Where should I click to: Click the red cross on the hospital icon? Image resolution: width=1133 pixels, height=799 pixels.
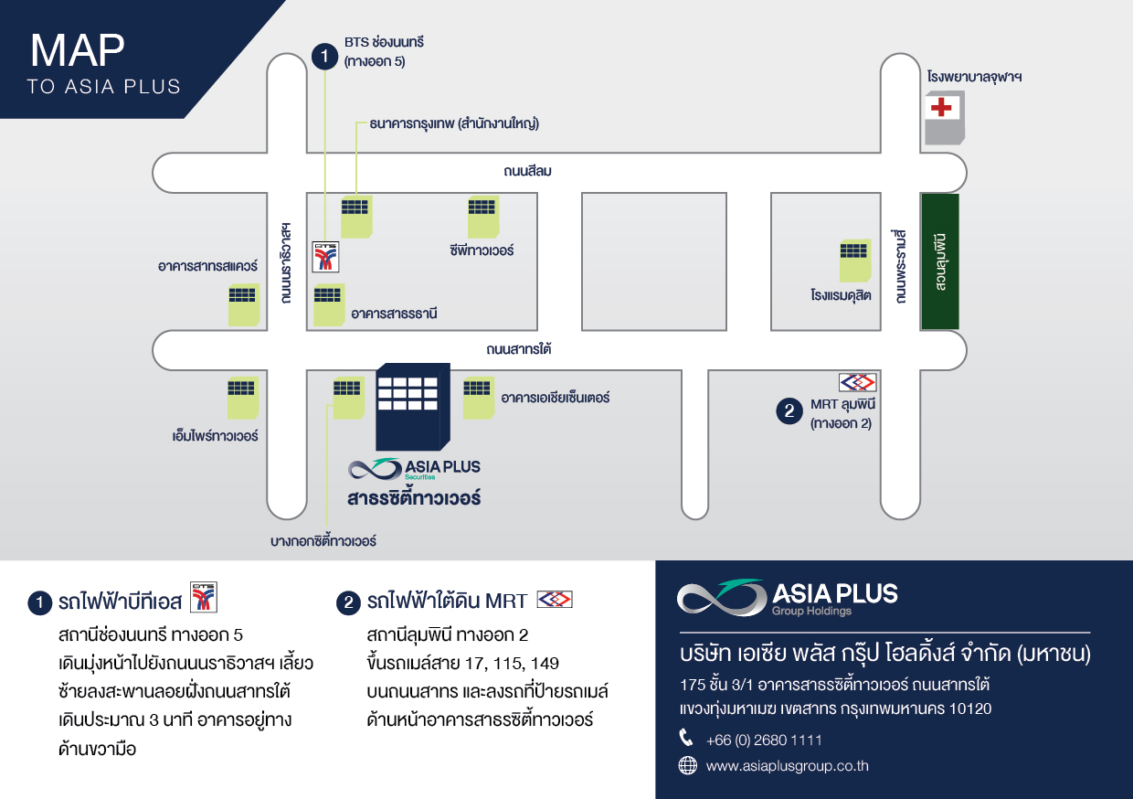tap(941, 107)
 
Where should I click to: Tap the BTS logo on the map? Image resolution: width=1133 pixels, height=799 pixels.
tap(325, 257)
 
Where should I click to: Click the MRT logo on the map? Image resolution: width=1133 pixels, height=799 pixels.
tap(857, 382)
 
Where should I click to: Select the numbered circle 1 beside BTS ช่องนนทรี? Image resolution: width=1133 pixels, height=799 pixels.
tap(324, 56)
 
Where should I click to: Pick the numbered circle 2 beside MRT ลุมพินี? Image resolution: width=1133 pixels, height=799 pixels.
tap(789, 410)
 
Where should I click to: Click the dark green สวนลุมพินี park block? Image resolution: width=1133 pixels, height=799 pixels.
tap(940, 261)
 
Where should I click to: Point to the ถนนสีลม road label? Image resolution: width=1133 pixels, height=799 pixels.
tap(527, 171)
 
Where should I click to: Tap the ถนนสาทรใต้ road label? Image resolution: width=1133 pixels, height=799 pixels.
tap(518, 349)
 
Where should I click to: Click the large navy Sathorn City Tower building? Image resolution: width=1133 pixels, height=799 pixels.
tap(413, 407)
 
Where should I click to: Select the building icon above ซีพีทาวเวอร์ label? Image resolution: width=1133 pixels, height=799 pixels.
tap(483, 217)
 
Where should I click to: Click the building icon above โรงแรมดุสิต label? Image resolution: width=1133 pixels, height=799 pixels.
tap(855, 261)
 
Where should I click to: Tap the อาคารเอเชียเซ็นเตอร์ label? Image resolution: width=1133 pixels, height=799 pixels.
tap(556, 398)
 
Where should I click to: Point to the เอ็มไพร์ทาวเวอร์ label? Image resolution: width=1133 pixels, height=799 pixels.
tap(215, 436)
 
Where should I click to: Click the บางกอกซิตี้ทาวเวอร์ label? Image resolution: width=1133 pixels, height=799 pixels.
tap(323, 541)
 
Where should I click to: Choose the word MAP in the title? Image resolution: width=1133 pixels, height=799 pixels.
tap(78, 50)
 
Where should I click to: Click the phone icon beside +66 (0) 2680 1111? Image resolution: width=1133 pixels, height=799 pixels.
tap(686, 738)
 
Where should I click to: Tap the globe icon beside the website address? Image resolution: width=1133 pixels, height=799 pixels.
tap(687, 765)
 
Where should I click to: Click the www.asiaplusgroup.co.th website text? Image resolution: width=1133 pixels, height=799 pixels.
tap(787, 766)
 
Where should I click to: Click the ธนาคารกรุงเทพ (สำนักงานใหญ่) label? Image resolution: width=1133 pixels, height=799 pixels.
tap(454, 123)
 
